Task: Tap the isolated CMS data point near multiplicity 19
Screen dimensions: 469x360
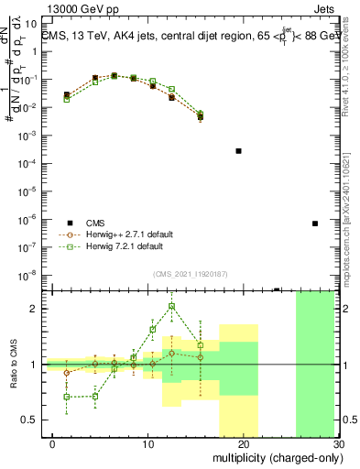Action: pyautogui.click(x=238, y=150)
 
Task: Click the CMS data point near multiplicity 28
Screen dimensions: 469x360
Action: pyautogui.click(x=314, y=224)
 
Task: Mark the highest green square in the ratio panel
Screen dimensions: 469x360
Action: pyautogui.click(x=172, y=306)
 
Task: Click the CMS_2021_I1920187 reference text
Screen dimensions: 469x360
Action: pyautogui.click(x=191, y=273)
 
